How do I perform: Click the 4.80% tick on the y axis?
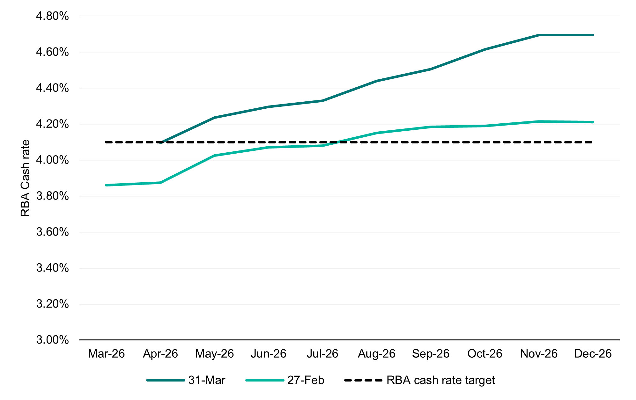(52, 16)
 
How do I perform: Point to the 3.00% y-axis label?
(52, 340)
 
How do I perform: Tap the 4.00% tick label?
(52, 160)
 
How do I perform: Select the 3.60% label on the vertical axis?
(52, 232)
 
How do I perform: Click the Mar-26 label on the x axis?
(106, 353)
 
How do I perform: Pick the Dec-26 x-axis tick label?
(593, 353)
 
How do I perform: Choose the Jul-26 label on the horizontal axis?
(322, 353)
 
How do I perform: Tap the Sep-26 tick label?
(431, 353)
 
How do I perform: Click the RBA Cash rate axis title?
(25, 178)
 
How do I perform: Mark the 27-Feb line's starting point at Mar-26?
(106, 185)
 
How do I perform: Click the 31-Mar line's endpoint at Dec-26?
(593, 35)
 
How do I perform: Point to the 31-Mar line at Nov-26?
(539, 35)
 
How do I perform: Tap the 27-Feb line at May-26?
(214, 156)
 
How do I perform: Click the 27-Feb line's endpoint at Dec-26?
(593, 122)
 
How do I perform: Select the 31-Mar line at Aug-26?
(377, 81)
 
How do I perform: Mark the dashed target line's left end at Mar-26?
(106, 142)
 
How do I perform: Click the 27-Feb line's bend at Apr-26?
(160, 183)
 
